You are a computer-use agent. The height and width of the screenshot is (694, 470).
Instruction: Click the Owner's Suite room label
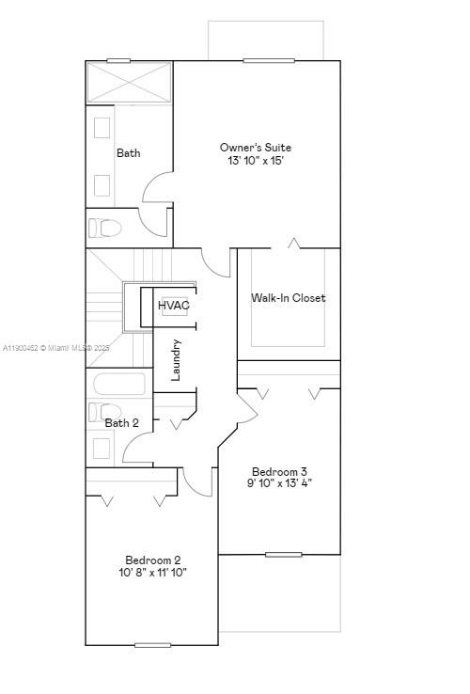(256, 148)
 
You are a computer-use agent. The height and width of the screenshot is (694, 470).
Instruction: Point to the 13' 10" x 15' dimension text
(256, 162)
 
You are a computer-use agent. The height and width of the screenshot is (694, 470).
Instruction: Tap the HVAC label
(174, 306)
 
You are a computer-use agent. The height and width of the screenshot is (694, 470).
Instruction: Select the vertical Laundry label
(176, 360)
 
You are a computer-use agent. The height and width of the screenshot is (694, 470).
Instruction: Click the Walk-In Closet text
(288, 298)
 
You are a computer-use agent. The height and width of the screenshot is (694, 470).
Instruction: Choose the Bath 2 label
(121, 423)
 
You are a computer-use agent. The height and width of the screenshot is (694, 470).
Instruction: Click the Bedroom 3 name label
(279, 471)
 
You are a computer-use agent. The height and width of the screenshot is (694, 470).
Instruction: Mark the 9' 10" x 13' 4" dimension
(279, 483)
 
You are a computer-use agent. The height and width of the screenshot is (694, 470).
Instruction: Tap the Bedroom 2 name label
(152, 560)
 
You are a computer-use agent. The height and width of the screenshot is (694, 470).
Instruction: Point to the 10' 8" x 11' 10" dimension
(152, 573)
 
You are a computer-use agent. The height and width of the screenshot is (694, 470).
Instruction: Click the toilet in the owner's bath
(105, 228)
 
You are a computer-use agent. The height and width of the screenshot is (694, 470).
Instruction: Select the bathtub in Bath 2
(119, 384)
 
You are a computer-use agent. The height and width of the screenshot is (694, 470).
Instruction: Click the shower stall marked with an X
(129, 83)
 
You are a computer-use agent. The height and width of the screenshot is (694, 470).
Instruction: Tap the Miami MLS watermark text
(56, 348)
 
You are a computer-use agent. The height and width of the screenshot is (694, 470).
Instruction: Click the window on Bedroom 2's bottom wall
(152, 645)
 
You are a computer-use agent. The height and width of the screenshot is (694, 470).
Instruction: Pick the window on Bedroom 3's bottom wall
(283, 554)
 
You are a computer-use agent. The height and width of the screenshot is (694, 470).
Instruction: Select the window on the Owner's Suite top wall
(268, 61)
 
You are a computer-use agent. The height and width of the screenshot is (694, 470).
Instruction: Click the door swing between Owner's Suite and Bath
(157, 188)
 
